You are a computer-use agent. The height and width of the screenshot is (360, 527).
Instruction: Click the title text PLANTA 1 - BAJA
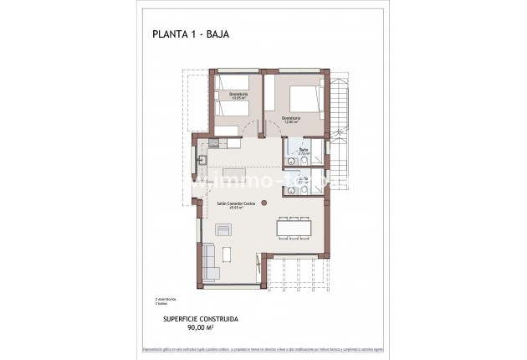pos(191,34)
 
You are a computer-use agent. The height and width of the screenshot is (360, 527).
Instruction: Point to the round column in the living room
pos(263,202)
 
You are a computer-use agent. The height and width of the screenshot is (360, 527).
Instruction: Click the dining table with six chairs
pos(294,227)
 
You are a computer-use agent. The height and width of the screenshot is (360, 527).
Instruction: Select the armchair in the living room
pos(224,230)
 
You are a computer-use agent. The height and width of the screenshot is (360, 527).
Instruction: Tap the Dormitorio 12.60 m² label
pos(292,118)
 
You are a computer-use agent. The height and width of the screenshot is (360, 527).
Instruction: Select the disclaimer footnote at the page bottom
pos(263,347)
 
